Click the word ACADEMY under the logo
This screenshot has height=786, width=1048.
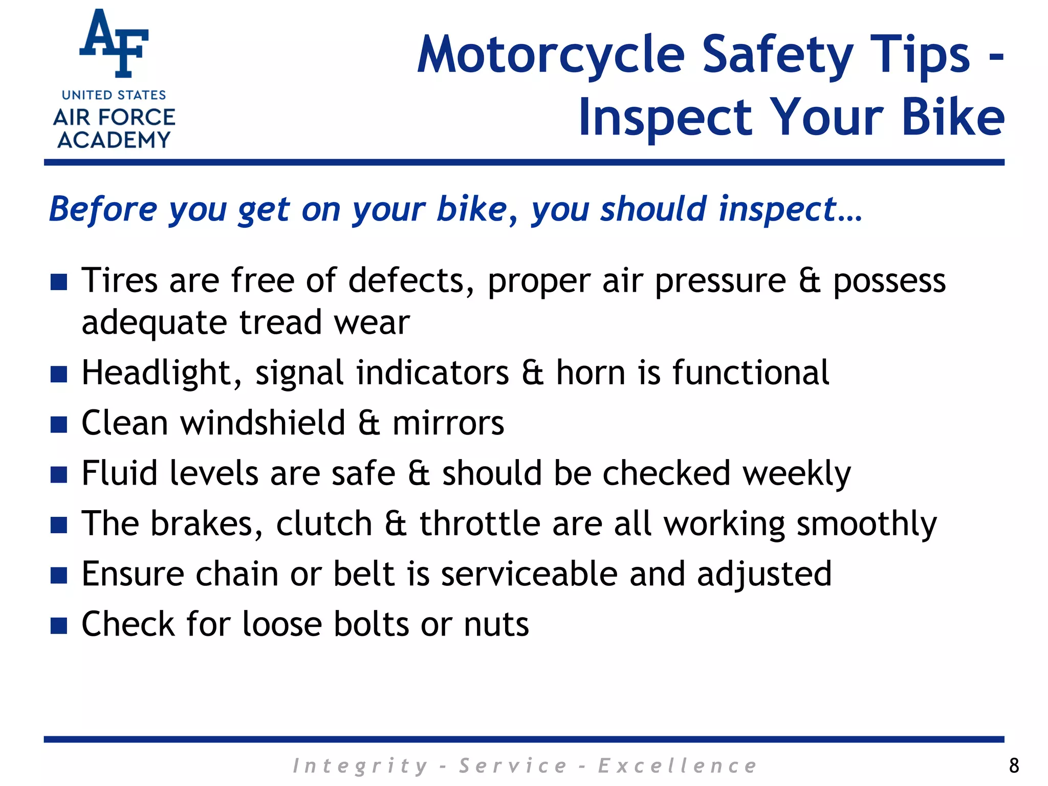point(114,140)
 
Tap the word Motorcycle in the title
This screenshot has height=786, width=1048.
point(551,55)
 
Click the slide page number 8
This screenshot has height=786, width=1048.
point(1014,766)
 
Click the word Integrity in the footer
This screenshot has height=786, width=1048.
point(360,766)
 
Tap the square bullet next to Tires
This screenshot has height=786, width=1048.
point(59,281)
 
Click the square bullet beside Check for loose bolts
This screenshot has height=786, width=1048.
point(59,625)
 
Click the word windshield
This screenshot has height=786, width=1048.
point(263,423)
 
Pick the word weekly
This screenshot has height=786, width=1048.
point(796,473)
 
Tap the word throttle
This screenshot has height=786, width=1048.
point(479,523)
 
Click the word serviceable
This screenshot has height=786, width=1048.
point(529,574)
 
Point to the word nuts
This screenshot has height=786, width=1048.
point(496,624)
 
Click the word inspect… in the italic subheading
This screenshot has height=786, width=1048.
point(790,210)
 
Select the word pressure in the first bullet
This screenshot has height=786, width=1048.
point(720,281)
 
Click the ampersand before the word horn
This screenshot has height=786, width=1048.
point(532,373)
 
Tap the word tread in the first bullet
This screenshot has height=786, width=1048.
point(280,323)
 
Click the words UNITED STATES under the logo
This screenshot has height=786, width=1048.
point(114,95)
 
